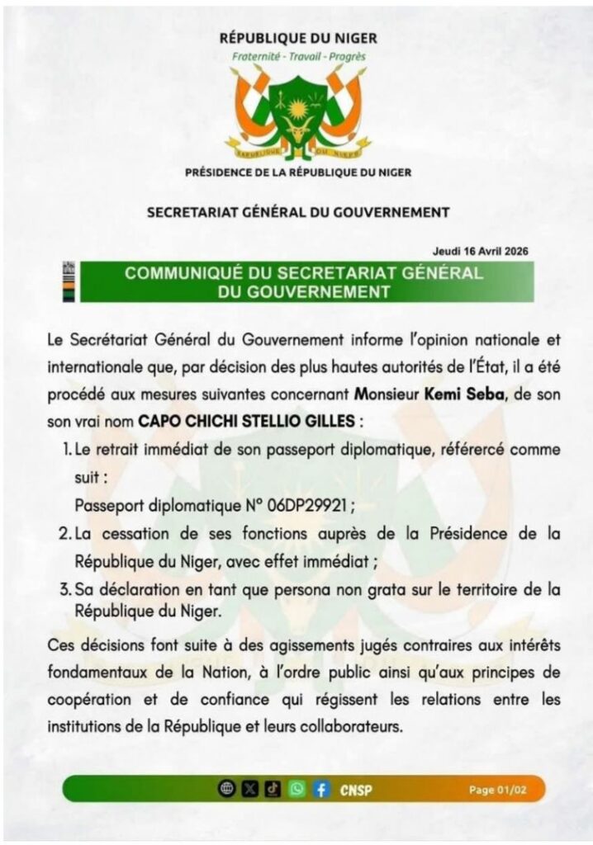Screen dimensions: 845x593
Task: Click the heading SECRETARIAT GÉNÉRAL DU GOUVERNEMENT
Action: click(x=298, y=212)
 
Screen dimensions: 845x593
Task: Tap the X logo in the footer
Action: click(x=250, y=789)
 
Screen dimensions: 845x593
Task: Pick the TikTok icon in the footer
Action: click(x=273, y=789)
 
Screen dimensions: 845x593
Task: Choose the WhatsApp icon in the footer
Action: click(x=296, y=789)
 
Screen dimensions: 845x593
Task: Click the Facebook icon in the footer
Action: click(x=320, y=789)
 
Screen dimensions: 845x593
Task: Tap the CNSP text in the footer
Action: click(x=356, y=790)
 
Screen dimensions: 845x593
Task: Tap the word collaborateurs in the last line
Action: click(x=353, y=729)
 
